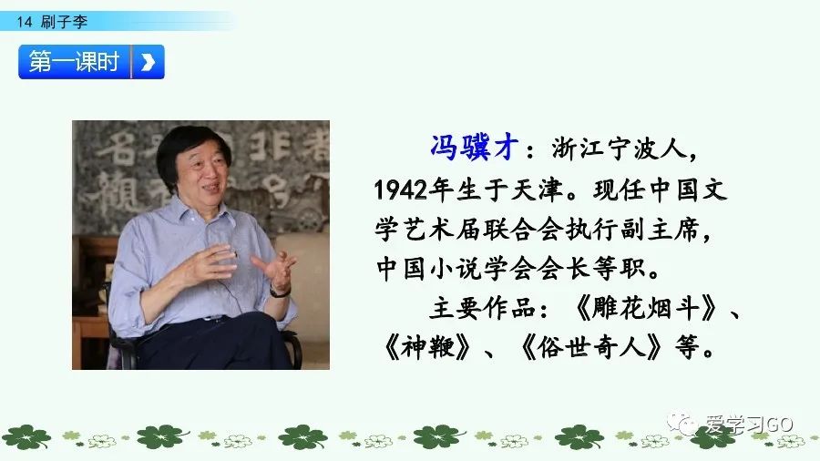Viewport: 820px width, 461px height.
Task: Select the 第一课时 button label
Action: [75, 62]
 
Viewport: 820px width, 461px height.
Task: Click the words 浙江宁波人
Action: [625, 148]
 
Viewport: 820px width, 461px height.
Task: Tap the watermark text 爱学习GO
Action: [744, 425]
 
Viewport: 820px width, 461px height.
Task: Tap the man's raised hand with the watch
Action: [274, 270]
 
